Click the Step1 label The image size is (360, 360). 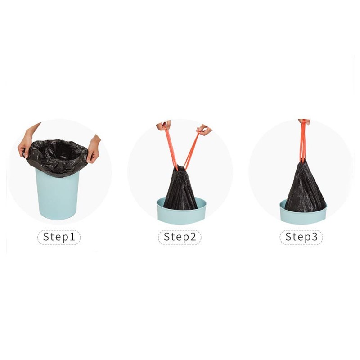(x=58, y=237)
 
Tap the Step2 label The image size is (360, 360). (x=180, y=237)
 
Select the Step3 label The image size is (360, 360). (x=301, y=237)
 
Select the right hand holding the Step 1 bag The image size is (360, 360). (x=93, y=148)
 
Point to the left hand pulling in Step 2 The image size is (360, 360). (x=162, y=126)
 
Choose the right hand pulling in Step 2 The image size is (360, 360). (x=203, y=130)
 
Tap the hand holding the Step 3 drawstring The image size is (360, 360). (x=304, y=121)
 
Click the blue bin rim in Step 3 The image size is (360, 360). (x=302, y=216)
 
